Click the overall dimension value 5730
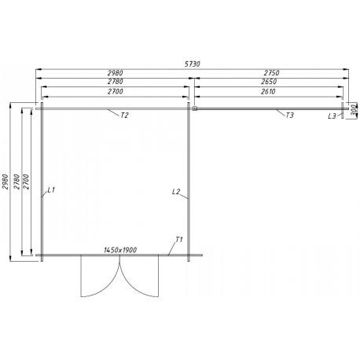pyautogui.click(x=193, y=64)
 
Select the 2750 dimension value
pyautogui.click(x=271, y=72)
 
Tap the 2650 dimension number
pyautogui.click(x=269, y=82)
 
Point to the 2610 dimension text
pyautogui.click(x=268, y=91)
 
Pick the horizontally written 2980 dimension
pyautogui.click(x=115, y=72)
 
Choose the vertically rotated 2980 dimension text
pyautogui.click(x=6, y=182)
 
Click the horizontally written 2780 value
pyautogui.click(x=115, y=82)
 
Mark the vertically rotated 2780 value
pyautogui.click(x=17, y=182)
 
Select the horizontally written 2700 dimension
pyautogui.click(x=115, y=91)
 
